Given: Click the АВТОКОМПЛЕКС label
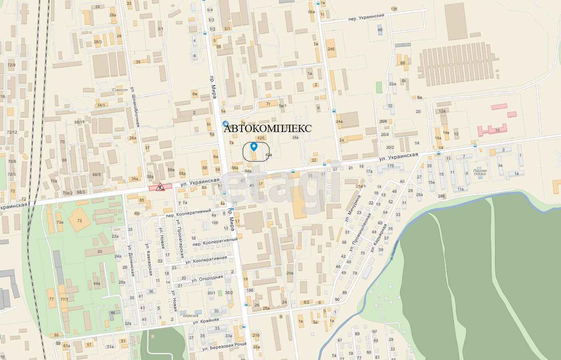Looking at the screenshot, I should pos(268,128).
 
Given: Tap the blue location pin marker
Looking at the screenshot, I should pos(254,147).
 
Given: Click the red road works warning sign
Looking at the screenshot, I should pos(160,187).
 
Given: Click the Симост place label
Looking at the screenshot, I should pos(120,90).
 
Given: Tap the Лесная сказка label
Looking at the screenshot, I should pos(479,172).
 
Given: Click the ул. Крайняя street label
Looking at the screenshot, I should pos(206,321).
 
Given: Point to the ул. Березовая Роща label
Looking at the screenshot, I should pos(225,346).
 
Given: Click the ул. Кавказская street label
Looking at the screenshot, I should pos(149,259).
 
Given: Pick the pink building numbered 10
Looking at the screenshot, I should pos(492,130).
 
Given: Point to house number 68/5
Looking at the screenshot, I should pos(96,175).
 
